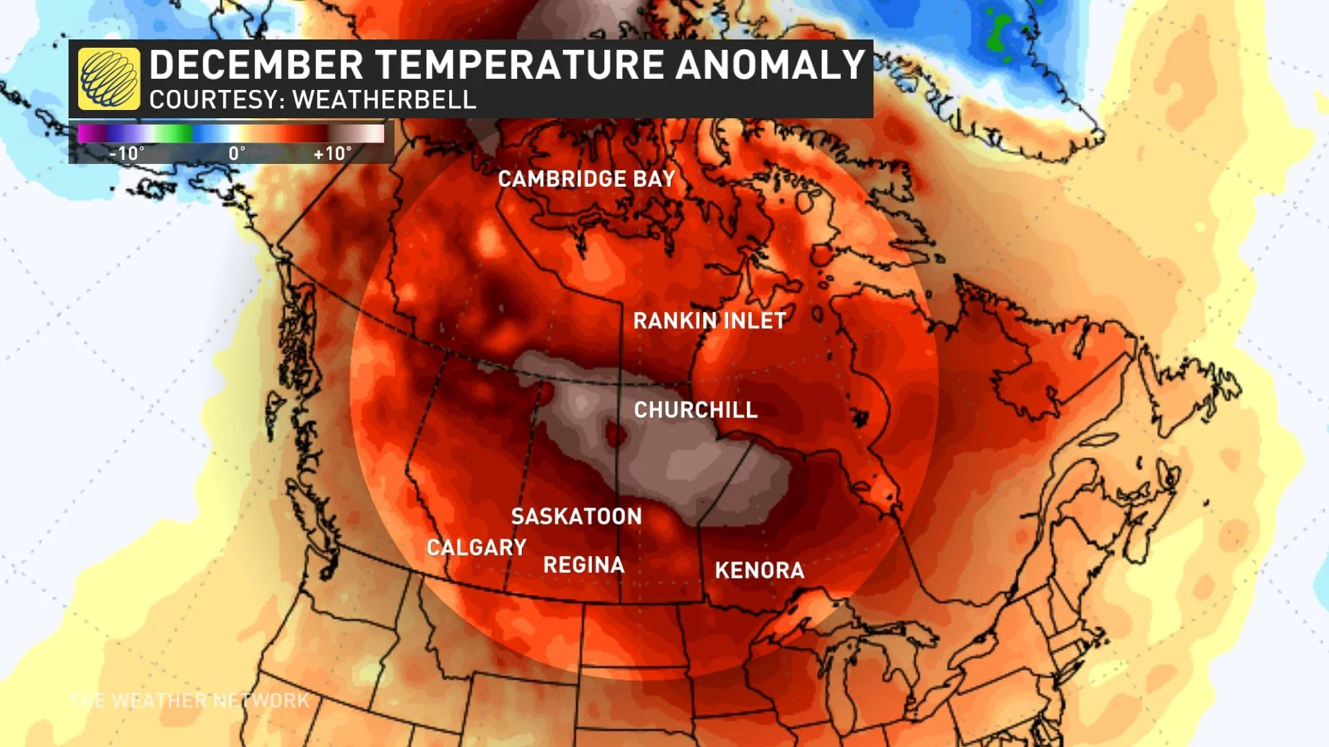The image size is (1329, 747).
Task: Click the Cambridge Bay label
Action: point(586,179)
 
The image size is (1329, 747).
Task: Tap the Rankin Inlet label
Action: point(709,321)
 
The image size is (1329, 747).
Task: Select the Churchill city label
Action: point(696,410)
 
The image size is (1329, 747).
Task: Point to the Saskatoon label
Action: point(577,517)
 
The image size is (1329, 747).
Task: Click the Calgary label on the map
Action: point(476,548)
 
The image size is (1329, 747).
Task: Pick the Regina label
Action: point(584,565)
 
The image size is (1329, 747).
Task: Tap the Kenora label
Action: point(759,571)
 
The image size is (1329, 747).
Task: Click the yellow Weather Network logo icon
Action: point(109,79)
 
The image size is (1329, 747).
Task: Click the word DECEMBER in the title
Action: point(256,65)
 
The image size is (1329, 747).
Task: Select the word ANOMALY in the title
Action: point(770,65)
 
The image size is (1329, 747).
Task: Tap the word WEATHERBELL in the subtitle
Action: point(384,100)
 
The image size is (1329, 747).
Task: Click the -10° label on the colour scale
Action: point(127,154)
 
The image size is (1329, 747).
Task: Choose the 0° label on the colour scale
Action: point(237,154)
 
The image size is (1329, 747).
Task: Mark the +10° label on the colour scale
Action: point(332,154)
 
